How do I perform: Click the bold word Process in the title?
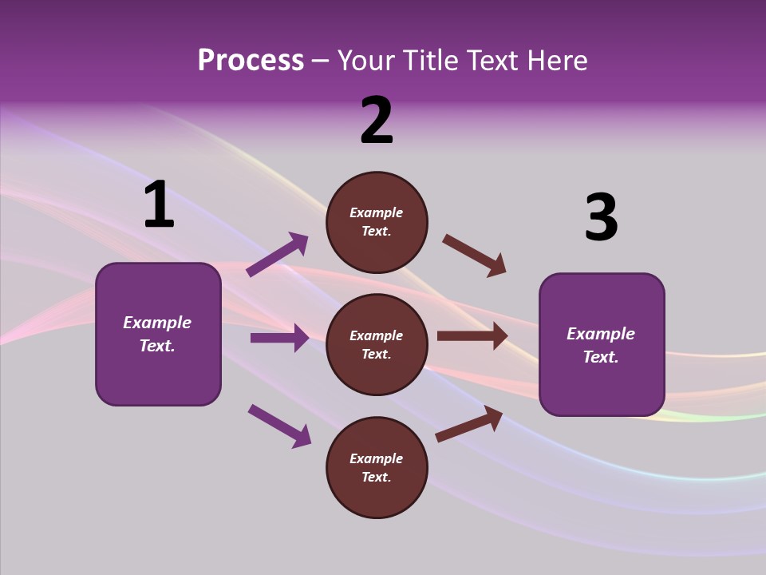tap(251, 60)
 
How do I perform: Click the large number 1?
tap(159, 205)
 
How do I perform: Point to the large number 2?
tap(377, 121)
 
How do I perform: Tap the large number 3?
tap(601, 219)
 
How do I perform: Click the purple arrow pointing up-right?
tap(277, 255)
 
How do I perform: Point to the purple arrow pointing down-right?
tap(279, 425)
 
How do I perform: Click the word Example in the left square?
tap(157, 323)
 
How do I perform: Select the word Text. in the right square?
tap(601, 357)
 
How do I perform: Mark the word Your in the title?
tap(365, 60)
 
